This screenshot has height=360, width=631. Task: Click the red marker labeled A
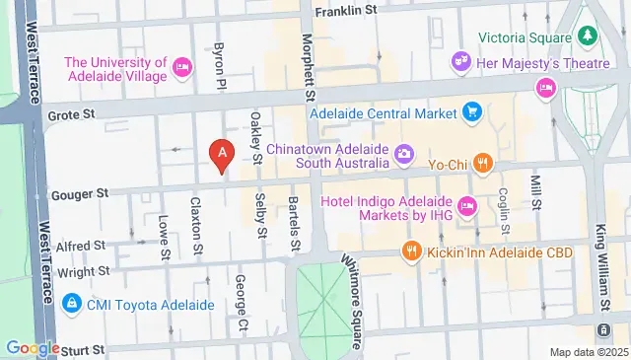point(223,156)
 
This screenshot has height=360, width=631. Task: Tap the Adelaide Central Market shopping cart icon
point(472,112)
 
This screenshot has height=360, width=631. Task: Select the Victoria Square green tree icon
point(589,36)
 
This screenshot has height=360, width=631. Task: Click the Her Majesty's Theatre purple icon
point(459,60)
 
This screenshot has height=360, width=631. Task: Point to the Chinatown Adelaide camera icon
point(403,153)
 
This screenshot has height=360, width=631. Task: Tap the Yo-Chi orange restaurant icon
point(481,163)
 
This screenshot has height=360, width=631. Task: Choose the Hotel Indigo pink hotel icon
point(467,206)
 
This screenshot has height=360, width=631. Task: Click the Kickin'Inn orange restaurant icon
point(411,252)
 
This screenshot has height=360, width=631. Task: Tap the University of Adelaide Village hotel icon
point(181,67)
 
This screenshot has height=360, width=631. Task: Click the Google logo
point(33,347)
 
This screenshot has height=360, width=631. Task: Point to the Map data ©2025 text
point(588,352)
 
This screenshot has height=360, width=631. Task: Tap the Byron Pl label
point(222,62)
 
